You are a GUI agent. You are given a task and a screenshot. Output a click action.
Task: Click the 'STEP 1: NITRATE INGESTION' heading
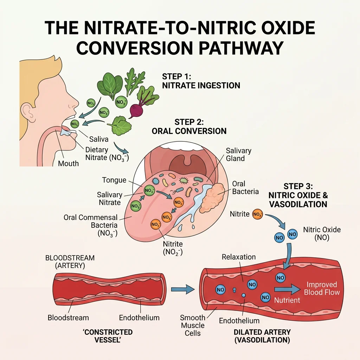201,81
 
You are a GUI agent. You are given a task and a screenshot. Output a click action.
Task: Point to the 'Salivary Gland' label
238,154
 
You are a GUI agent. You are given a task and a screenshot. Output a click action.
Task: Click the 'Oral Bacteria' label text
245,188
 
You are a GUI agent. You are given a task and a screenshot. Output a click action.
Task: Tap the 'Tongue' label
114,180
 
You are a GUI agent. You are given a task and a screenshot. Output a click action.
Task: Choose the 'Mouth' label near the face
68,163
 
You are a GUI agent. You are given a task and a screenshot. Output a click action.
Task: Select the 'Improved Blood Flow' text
322,288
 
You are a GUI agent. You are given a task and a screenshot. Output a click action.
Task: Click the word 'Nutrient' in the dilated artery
287,300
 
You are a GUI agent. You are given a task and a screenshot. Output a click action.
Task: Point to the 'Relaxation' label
239,257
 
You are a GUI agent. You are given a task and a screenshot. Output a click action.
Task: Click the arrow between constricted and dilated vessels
183,290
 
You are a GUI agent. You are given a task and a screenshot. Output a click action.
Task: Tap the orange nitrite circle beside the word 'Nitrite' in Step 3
257,214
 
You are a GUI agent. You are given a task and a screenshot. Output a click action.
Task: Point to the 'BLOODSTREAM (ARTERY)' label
70,262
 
